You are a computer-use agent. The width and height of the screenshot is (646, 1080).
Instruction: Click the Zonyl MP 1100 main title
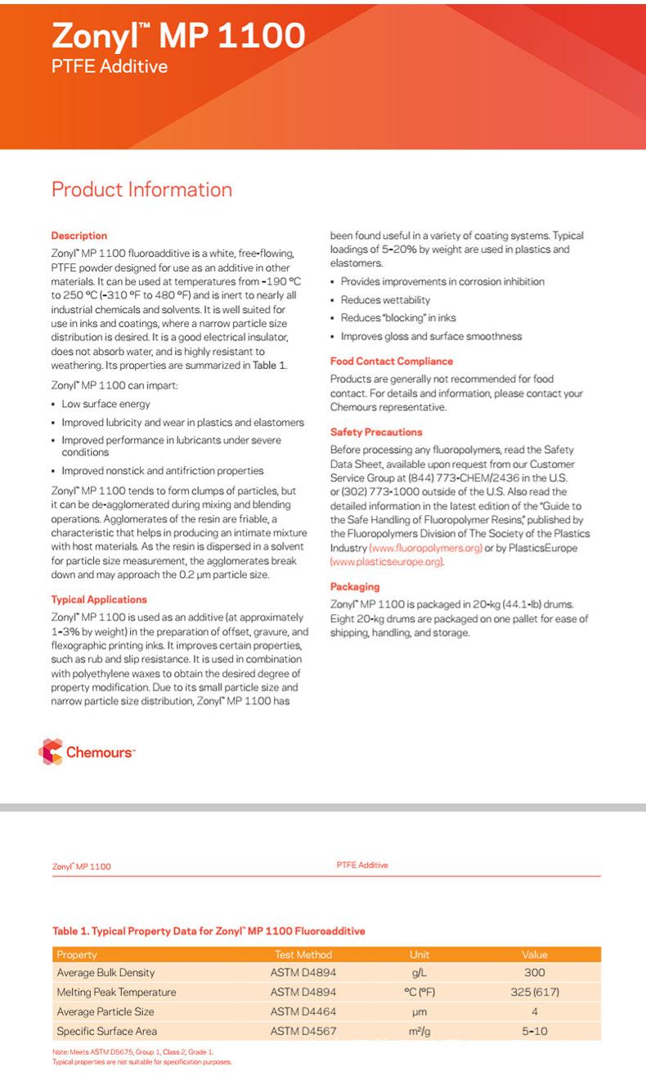click(177, 35)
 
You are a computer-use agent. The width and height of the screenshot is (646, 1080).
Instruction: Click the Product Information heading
click(141, 190)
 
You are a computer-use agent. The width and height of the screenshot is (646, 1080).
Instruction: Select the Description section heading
click(79, 235)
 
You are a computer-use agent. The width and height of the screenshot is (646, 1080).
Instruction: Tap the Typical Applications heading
click(98, 599)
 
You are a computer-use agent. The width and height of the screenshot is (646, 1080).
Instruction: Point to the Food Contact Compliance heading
click(391, 361)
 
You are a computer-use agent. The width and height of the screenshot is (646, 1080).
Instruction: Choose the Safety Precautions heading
click(376, 432)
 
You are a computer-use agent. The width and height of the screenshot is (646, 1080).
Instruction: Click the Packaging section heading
click(354, 586)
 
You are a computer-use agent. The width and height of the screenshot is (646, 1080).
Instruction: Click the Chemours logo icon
click(51, 752)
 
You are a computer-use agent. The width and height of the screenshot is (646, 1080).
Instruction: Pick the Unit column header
click(419, 954)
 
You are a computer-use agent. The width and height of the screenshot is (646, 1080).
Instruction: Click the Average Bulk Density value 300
click(534, 973)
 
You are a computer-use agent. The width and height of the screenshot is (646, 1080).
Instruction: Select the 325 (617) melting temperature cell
click(534, 993)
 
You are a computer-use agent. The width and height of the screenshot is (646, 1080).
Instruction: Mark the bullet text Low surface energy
click(105, 404)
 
